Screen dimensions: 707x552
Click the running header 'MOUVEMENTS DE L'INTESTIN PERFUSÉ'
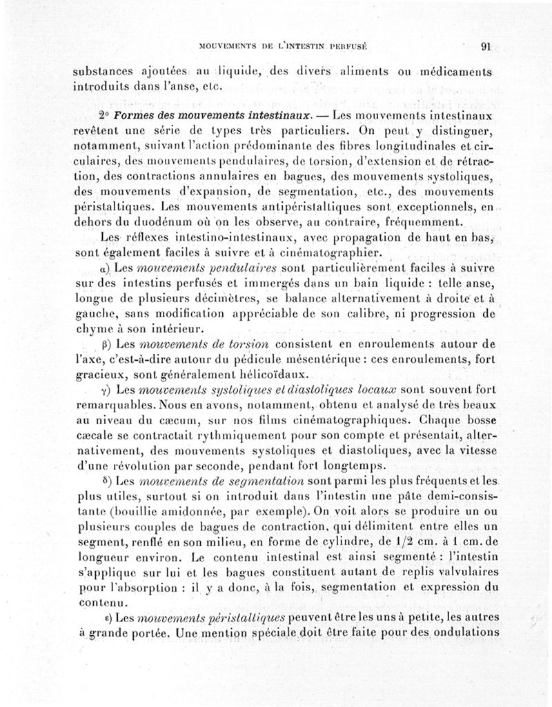point(282,48)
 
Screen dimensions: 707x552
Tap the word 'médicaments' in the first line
point(451,72)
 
